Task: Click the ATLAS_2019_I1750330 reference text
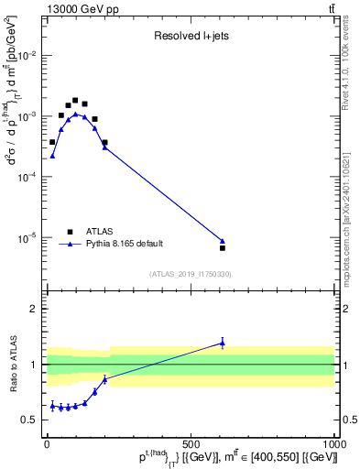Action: coord(191,273)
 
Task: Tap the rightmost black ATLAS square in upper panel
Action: coord(223,247)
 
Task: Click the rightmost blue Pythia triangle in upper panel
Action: coord(223,241)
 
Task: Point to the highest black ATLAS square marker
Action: coord(75,100)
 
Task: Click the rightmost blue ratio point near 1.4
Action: coord(223,343)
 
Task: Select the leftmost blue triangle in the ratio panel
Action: coord(52,405)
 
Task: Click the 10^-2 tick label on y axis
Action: coord(27,56)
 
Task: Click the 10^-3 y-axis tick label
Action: coord(27,116)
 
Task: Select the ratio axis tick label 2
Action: coord(35,309)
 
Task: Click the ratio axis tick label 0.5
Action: coord(31,420)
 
